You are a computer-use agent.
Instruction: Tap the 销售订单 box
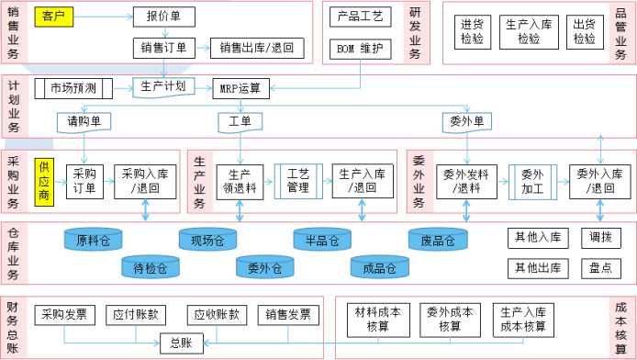pyautogui.click(x=163, y=48)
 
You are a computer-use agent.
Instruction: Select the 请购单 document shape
pyautogui.click(x=84, y=121)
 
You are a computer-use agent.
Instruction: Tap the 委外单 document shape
pyautogui.click(x=466, y=121)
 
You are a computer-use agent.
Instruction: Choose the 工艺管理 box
pyautogui.click(x=298, y=181)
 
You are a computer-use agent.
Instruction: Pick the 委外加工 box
pyautogui.click(x=532, y=181)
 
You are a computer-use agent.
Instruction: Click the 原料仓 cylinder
pyautogui.click(x=93, y=241)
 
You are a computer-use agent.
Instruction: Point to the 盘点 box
pyautogui.click(x=600, y=268)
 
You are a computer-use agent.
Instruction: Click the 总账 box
pyautogui.click(x=181, y=343)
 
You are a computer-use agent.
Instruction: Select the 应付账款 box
pyautogui.click(x=136, y=315)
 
